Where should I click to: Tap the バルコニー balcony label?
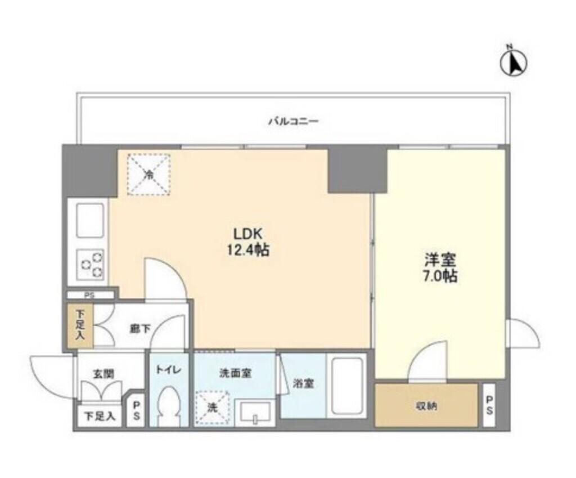292,121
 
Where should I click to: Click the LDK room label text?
247,234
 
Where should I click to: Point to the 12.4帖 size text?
248,251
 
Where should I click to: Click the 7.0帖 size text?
440,276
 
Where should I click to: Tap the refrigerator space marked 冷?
148,174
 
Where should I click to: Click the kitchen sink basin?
90,220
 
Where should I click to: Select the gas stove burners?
91,265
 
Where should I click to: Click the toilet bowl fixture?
168,405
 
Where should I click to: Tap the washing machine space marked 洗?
212,408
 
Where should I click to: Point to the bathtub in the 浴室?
347,386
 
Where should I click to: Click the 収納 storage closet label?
426,406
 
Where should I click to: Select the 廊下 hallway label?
141,329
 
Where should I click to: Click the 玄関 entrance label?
103,374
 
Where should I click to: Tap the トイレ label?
168,369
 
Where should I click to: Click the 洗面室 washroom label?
235,373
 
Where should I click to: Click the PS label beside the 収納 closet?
489,405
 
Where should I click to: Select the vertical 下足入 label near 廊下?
80,325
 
